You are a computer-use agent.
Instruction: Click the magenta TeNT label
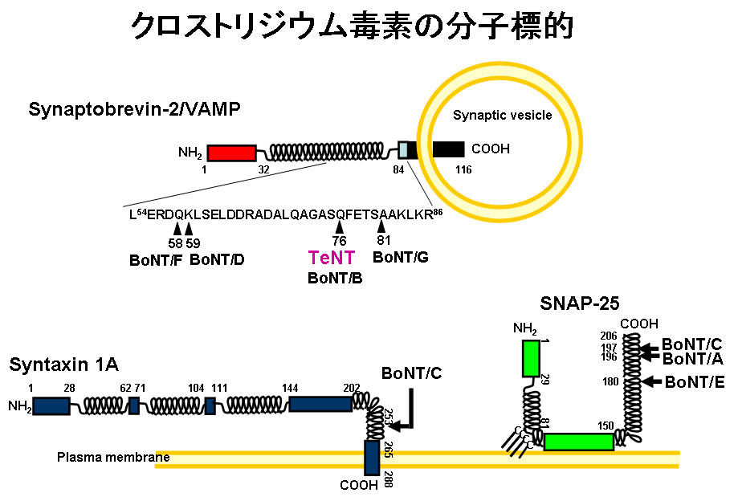332,258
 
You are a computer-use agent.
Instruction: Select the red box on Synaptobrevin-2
231,153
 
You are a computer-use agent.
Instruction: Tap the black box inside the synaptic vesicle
448,149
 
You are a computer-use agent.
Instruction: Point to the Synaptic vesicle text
503,116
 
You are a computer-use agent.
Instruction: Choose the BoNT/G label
401,257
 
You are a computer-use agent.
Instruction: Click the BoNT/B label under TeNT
335,278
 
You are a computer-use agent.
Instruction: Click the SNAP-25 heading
575,304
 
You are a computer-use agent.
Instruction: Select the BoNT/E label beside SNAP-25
695,382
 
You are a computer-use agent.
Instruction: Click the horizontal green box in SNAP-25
578,442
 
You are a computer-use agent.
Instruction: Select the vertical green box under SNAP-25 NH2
531,359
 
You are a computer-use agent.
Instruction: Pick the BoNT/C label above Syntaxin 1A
411,373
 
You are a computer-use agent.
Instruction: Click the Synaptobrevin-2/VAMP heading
134,109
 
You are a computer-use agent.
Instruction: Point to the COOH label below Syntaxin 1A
358,486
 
